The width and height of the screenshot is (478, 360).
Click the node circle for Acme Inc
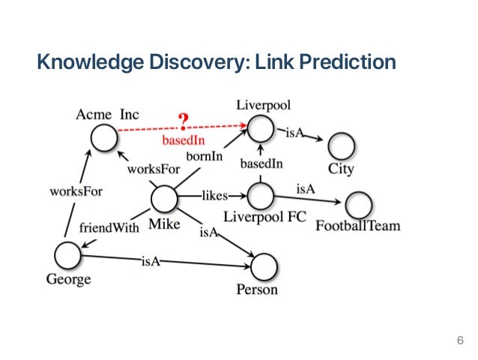click(x=104, y=136)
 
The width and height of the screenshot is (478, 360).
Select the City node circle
click(x=341, y=145)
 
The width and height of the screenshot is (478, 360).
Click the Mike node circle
click(x=164, y=199)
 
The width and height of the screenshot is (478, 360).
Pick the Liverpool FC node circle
click(x=261, y=196)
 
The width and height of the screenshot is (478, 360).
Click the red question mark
click(x=183, y=121)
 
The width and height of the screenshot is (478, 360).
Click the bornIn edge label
click(x=205, y=157)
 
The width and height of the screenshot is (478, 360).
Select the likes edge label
click(x=215, y=196)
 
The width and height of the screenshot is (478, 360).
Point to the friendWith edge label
click(x=109, y=227)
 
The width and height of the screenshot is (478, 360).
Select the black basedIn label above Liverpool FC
click(x=261, y=163)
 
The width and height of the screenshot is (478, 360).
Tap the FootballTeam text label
click(x=357, y=226)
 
